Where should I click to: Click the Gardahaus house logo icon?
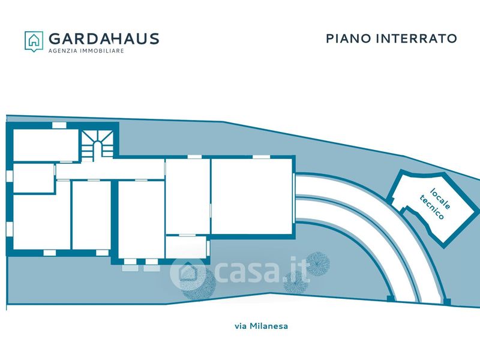pos(34,40)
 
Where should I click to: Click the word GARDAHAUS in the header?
pos(103,39)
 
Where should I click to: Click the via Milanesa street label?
pos(261,326)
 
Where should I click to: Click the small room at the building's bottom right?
pos(186,247)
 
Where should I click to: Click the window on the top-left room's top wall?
pos(59,125)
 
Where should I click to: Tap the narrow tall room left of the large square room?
pos(188,195)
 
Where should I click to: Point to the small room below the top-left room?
pos(33,178)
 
